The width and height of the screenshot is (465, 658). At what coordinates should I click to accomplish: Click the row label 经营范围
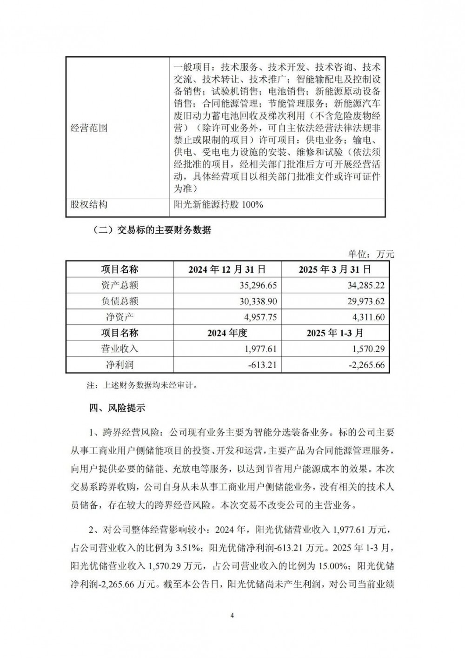coord(88,128)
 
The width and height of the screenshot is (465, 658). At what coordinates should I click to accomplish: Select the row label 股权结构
coord(88,204)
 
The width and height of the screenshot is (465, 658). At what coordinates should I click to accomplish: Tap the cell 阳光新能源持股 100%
coord(218,204)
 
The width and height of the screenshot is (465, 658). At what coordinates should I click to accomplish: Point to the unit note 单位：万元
coord(371,254)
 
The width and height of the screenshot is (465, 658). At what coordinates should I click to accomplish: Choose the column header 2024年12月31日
coord(227,269)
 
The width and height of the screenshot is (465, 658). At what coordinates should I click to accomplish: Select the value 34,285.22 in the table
coord(365,285)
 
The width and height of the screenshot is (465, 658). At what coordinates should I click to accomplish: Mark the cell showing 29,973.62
coord(365,301)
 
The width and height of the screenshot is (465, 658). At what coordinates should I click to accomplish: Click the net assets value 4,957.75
coord(260,317)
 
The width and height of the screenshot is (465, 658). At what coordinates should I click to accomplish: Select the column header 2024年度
coord(227,333)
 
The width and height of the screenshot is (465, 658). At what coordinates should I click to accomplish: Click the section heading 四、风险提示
coord(117,408)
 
